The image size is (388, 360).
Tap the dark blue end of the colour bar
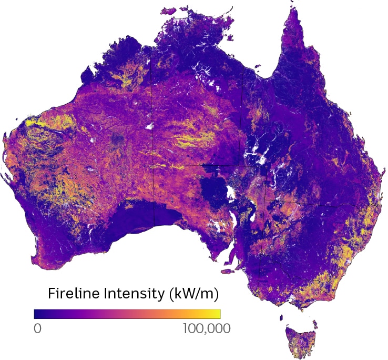tap(37, 314)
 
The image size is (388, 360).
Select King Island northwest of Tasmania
tap(281, 318)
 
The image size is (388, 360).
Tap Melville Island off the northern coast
tap(169, 11)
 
